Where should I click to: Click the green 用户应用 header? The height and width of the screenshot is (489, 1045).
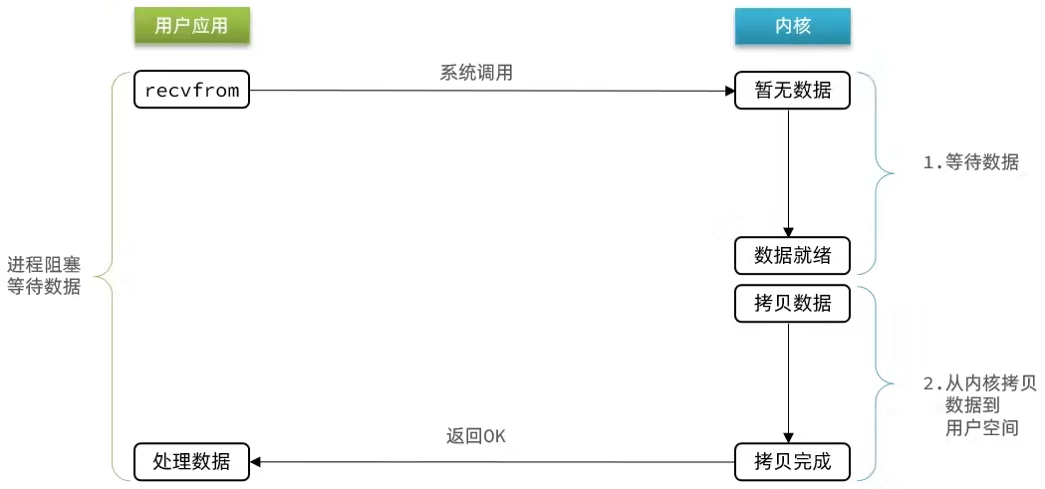click(x=192, y=26)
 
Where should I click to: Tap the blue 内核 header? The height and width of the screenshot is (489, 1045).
click(x=792, y=26)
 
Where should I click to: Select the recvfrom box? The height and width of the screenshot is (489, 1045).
click(x=192, y=90)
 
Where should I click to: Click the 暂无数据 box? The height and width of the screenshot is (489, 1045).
click(x=792, y=90)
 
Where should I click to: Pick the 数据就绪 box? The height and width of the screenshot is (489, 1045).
click(x=792, y=255)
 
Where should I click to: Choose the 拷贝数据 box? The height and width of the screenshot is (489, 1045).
click(x=792, y=304)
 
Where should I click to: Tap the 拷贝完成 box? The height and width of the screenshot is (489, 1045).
click(x=792, y=461)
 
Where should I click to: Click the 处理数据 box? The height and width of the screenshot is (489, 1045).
click(x=192, y=461)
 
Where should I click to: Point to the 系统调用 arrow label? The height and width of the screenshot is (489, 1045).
click(x=476, y=73)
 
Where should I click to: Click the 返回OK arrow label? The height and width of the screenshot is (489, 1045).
click(x=476, y=436)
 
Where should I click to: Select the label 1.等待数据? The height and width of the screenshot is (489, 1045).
click(x=971, y=162)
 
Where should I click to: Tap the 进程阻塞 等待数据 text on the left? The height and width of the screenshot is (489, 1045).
click(x=43, y=276)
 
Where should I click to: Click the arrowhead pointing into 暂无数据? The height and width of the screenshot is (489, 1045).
click(x=730, y=91)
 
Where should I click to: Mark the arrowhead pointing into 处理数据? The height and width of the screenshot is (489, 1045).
click(x=255, y=461)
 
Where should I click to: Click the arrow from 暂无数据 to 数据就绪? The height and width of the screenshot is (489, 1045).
click(x=788, y=172)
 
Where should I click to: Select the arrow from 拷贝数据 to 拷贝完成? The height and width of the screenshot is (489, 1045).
click(x=788, y=382)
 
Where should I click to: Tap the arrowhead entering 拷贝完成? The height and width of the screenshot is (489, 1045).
click(x=788, y=436)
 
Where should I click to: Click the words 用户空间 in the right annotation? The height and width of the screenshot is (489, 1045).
click(x=981, y=427)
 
